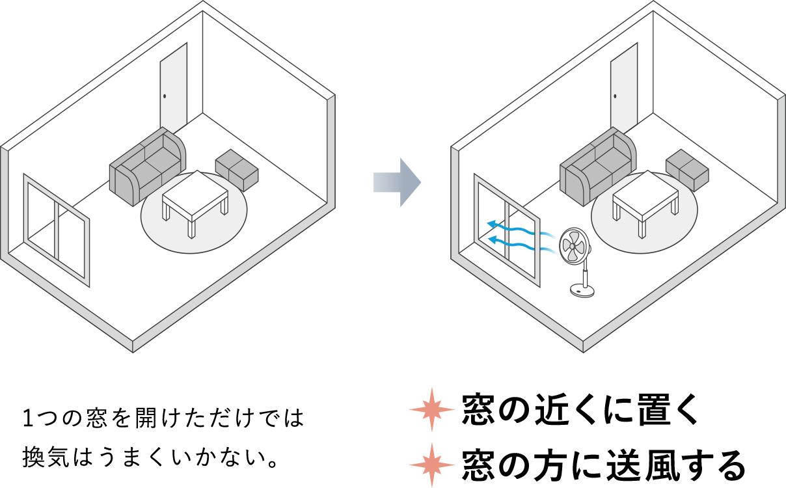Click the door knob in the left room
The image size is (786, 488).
tap(165, 96)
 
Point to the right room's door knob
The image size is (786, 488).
tap(615, 96)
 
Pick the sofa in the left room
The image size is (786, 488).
tap(147, 166)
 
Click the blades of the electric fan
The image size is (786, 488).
tap(574, 245)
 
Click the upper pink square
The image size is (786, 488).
tap(432, 410)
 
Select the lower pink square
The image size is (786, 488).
tap(432, 464)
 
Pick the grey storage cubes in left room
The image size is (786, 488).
tap(237, 170)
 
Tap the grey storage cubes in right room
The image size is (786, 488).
tap(687, 170)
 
